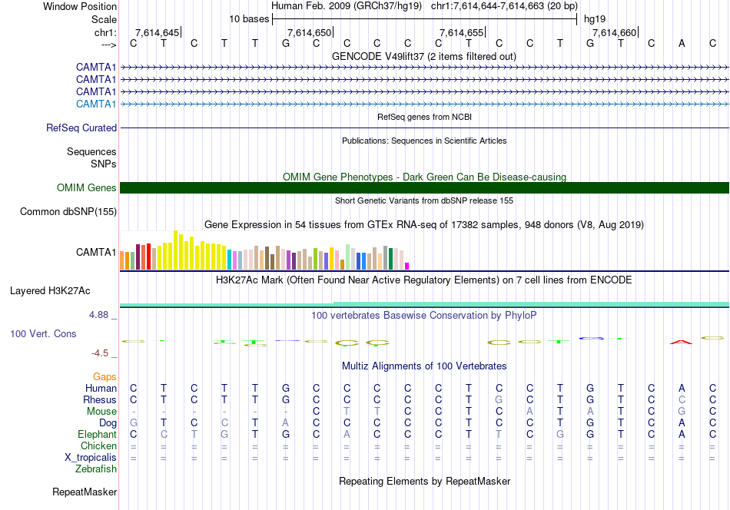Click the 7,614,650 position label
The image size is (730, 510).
309,32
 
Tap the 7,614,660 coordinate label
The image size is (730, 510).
615,32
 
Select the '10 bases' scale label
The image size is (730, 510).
248,19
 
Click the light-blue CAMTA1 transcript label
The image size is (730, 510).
96,104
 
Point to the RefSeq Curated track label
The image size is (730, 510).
81,128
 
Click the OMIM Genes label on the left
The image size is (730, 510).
87,188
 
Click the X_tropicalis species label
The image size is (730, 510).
91,457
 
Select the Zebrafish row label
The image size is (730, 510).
96,469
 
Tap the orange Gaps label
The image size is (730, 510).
105,376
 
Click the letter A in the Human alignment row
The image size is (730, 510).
682,388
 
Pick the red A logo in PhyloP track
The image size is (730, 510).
681,341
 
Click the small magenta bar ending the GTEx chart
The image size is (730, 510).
406,266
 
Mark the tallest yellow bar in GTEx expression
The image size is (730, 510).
176,250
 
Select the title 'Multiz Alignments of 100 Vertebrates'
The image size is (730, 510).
424,366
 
